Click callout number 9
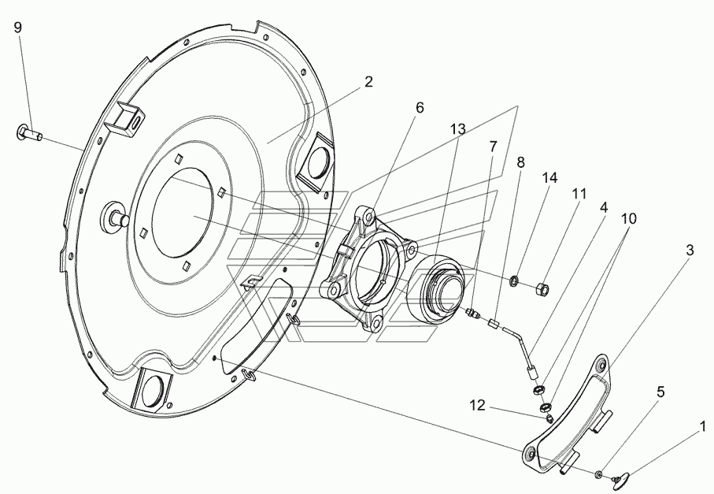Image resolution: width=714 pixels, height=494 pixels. [x=17, y=28]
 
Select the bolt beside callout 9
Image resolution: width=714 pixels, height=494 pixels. [x=30, y=133]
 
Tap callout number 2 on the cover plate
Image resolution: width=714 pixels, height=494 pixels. [x=368, y=82]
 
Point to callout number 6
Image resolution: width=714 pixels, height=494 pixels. [x=419, y=108]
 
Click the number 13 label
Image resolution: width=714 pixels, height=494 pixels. [x=458, y=129]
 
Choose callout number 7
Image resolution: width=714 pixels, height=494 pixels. [x=493, y=147]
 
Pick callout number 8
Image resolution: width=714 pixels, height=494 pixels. [x=520, y=162]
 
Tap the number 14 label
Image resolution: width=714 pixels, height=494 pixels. [x=550, y=178]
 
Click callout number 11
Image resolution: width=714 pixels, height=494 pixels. [x=579, y=194]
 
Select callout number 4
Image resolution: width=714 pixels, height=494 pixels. [x=603, y=208]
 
